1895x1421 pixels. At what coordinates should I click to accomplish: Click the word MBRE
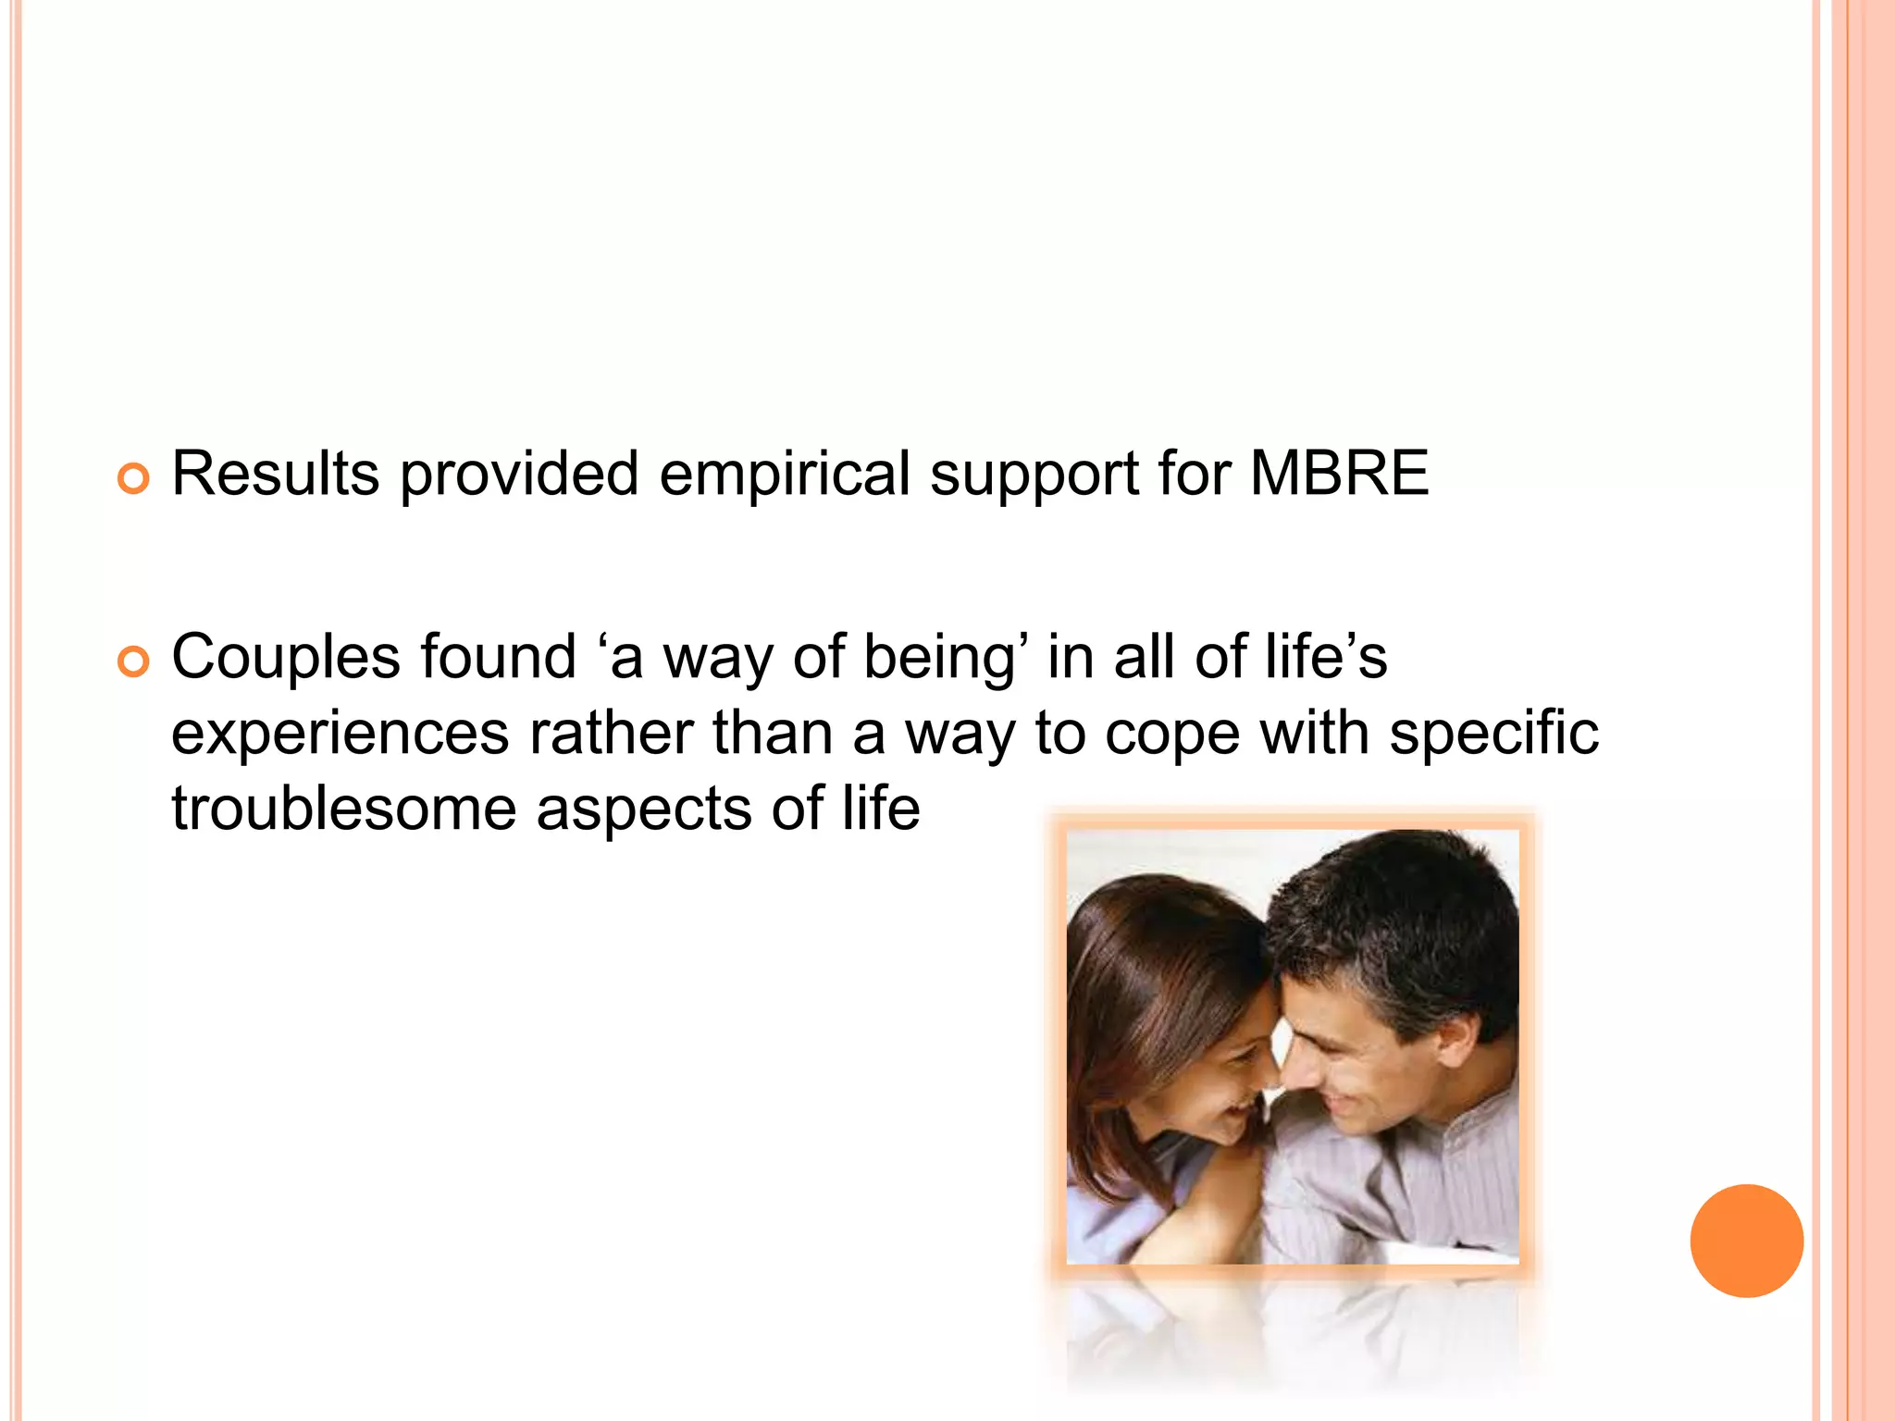1339,474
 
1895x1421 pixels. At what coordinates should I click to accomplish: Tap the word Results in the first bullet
275,474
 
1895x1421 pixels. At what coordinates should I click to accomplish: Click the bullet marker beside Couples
133,662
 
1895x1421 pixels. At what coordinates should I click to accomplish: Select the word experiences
340,734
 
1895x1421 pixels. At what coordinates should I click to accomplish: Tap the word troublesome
343,809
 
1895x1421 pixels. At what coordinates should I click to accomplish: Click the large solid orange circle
1746,1241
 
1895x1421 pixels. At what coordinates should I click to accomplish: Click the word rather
610,734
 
